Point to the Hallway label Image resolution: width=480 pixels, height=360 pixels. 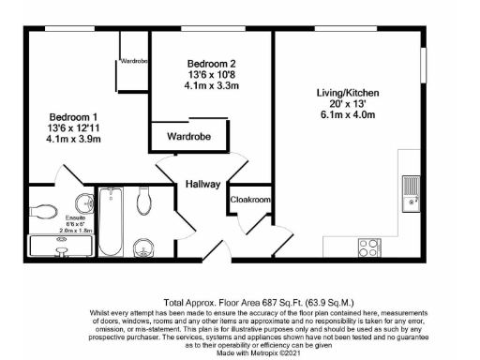pyautogui.click(x=201, y=184)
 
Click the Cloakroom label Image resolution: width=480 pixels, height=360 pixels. pyautogui.click(x=250, y=200)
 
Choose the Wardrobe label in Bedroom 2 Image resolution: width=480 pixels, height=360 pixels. pyautogui.click(x=188, y=137)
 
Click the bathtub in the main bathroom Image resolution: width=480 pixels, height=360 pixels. pyautogui.click(x=111, y=221)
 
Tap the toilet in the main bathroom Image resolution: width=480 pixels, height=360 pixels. pyautogui.click(x=145, y=199)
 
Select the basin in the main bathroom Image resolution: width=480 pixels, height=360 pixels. pyautogui.click(x=144, y=247)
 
